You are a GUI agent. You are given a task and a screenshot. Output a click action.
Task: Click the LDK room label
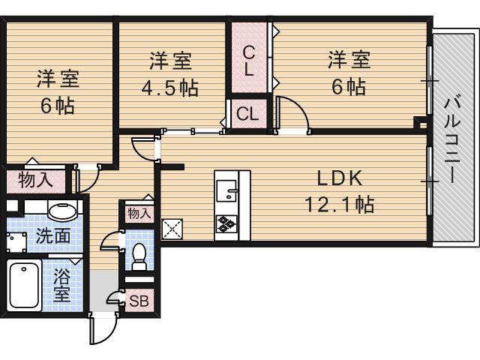pos(339,178)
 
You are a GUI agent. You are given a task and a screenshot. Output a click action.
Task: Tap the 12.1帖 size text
pos(339,202)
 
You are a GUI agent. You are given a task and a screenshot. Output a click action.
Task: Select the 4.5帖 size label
pos(170,88)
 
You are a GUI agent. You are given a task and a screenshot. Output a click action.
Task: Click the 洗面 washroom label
pos(53,235)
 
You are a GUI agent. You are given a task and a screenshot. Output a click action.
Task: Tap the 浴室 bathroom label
pos(61,283)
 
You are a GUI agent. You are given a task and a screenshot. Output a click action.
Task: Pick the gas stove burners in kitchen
pos(227,223)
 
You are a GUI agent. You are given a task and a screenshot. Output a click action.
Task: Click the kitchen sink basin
pos(226,192)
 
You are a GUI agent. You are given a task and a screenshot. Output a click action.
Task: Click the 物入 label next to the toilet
pos(139,214)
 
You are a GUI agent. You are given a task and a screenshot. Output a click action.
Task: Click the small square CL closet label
pos(247,114)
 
